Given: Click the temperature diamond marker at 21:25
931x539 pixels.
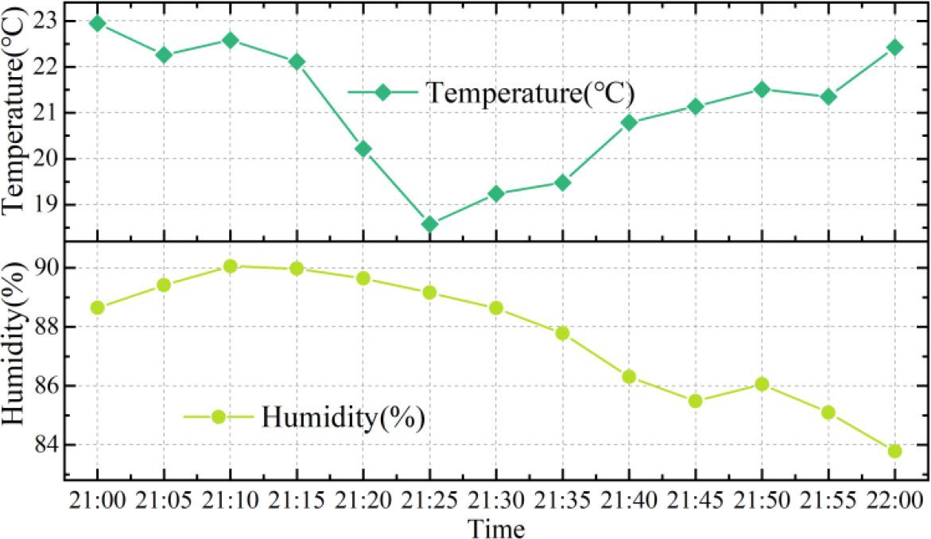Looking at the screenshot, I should [429, 224].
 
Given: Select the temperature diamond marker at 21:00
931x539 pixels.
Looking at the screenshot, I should [97, 23].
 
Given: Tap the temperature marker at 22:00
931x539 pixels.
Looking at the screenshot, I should [894, 47].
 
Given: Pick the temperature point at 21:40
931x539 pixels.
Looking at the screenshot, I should [629, 122].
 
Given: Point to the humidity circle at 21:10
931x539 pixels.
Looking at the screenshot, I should [231, 266].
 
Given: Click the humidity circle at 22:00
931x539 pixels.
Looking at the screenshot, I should [894, 451].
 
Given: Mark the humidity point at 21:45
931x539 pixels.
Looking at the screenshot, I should [696, 401].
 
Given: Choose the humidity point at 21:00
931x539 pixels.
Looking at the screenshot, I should [97, 308].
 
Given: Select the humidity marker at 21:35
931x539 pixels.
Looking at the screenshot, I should [562, 333].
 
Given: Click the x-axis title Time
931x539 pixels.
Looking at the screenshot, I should [495, 527].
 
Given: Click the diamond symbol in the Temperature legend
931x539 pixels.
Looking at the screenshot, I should [383, 92].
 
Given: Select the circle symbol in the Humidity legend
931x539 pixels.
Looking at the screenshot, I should [219, 416].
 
